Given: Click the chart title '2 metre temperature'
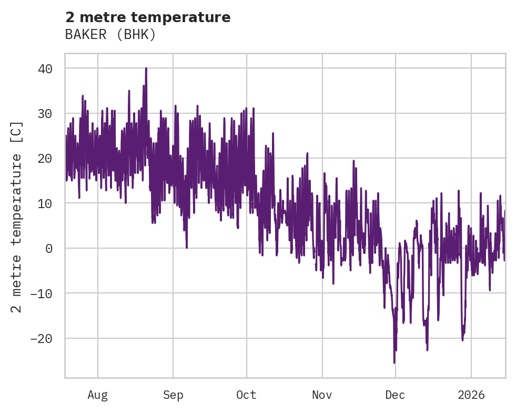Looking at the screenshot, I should coord(148,17).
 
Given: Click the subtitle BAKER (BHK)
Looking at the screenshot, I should coord(110,35).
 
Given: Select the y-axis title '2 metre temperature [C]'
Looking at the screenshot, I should coord(17,217).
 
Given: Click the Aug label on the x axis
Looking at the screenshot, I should coord(97,395).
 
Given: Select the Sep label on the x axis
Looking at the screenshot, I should coord(173,395).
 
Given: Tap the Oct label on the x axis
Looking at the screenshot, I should coord(246,395).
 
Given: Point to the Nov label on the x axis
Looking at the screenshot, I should coord(322,395).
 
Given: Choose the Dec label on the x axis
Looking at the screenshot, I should coord(395,395).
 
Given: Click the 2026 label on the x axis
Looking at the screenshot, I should coord(471,395).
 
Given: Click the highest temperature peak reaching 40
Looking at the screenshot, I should coord(146,68).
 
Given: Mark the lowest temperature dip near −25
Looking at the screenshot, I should coord(394,362).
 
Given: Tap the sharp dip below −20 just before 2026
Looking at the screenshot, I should coord(462,340).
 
